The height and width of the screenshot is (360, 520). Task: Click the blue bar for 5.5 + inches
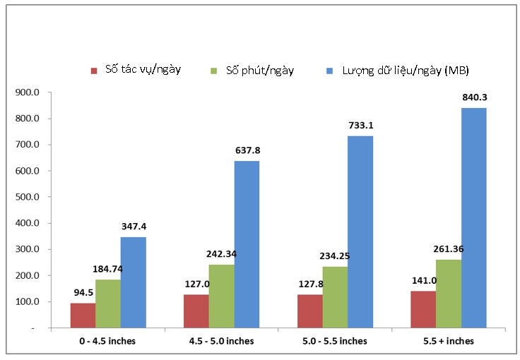point(473,217)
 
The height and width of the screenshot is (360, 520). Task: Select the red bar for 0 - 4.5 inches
point(83,316)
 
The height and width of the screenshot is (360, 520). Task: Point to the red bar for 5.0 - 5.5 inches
point(310,311)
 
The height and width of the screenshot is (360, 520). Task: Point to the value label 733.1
point(361,126)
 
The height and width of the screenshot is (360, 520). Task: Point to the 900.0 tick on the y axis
point(30,92)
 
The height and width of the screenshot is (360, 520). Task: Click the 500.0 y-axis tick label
point(30,197)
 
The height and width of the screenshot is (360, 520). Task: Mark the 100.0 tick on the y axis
point(30,302)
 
